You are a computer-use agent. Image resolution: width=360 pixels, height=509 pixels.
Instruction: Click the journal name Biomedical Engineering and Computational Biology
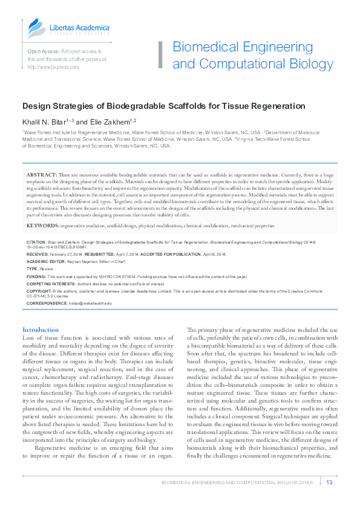[252, 56]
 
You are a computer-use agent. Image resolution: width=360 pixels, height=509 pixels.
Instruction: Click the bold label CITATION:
[38, 241]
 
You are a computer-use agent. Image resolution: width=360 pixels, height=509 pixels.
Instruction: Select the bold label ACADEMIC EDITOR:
[46, 261]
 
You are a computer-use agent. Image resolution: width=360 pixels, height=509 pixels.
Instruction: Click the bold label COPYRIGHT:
[40, 291]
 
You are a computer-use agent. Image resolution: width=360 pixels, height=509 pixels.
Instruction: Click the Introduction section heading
[41, 329]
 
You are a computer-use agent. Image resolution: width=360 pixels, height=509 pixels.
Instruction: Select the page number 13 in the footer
[329, 482]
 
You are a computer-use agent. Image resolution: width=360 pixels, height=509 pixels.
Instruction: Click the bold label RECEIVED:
[38, 254]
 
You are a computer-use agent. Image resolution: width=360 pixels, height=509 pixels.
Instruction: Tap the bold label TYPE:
[32, 268]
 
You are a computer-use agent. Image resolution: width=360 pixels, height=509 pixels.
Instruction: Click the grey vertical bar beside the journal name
[160, 55]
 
